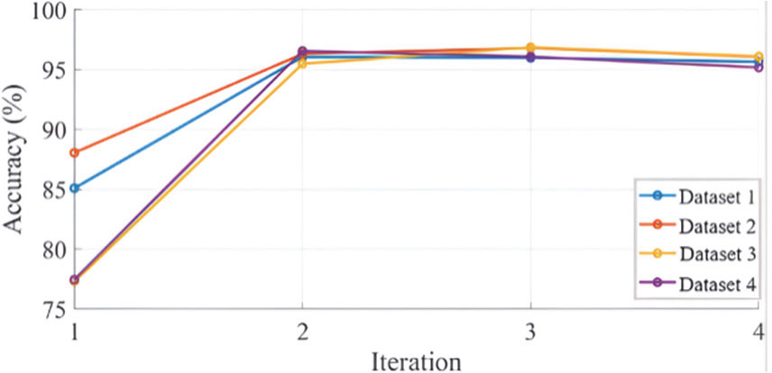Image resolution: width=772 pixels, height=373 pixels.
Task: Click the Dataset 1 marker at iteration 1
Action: (75, 188)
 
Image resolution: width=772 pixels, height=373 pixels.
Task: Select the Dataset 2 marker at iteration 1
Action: (75, 153)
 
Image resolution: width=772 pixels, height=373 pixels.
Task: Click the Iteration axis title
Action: (417, 359)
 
